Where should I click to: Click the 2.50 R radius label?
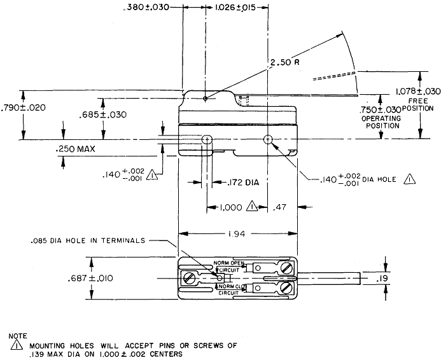click(x=283, y=64)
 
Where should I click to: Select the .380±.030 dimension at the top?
click(x=147, y=8)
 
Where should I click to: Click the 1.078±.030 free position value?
click(x=417, y=92)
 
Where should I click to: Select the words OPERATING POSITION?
click(x=381, y=122)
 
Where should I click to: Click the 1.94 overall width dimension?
click(x=237, y=235)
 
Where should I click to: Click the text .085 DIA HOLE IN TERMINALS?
click(x=87, y=240)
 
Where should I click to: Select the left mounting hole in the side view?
click(x=206, y=139)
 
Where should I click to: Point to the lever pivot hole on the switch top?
click(x=206, y=99)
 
